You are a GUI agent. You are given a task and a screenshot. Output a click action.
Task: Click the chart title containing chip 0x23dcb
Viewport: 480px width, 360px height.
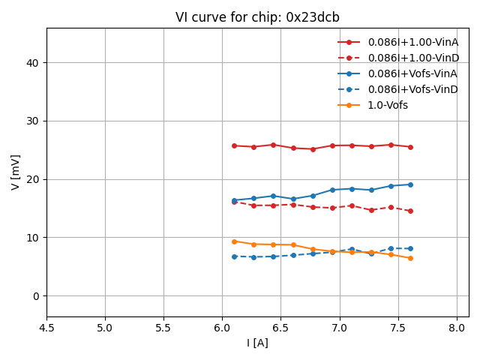(257, 17)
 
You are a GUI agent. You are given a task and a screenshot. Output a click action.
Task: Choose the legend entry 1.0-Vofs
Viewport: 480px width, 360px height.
(388, 105)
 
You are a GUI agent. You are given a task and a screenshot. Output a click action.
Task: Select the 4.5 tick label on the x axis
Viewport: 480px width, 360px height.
(46, 328)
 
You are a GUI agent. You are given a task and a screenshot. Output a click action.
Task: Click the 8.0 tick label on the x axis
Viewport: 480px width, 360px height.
(457, 328)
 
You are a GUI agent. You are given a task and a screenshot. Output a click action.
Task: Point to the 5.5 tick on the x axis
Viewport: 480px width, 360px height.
(163, 328)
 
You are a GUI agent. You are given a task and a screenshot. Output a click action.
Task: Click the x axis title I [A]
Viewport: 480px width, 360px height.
(257, 343)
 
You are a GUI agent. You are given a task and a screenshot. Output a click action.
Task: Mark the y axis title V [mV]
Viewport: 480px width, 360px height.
(16, 172)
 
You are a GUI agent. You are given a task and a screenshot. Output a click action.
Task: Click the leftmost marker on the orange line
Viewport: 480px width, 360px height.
(234, 241)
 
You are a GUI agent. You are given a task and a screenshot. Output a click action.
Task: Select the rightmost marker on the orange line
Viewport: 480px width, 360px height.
(410, 258)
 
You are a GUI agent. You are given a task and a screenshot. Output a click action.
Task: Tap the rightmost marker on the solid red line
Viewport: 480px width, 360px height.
(410, 147)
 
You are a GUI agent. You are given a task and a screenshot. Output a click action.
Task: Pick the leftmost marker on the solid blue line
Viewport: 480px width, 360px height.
(234, 200)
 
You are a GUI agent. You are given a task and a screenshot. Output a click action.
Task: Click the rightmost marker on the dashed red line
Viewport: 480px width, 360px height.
(410, 211)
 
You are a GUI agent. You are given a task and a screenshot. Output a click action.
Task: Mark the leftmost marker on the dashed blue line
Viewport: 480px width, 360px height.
(234, 256)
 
